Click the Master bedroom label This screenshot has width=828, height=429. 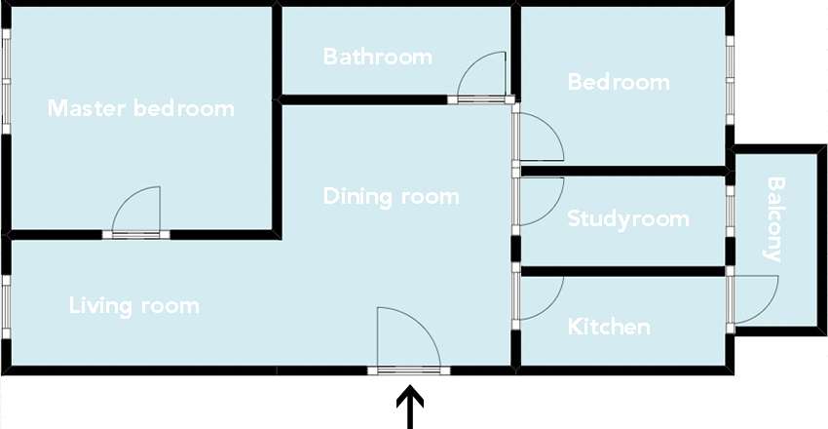(x=141, y=108)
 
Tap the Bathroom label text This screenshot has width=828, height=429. (x=378, y=57)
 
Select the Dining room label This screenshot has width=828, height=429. (x=392, y=197)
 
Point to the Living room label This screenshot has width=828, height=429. (x=134, y=306)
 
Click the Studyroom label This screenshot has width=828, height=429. (x=628, y=218)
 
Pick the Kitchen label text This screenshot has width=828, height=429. (x=609, y=327)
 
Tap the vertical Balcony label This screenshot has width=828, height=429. (x=774, y=219)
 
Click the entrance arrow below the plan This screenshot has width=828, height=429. (x=410, y=407)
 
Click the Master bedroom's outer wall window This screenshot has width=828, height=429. (x=7, y=81)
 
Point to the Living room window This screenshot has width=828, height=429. (x=7, y=307)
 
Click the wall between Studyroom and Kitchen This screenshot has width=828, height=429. (x=622, y=272)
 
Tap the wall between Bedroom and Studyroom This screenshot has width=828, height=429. (x=622, y=172)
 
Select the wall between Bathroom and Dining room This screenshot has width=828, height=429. (x=364, y=99)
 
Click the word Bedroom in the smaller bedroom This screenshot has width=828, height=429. (x=619, y=83)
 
